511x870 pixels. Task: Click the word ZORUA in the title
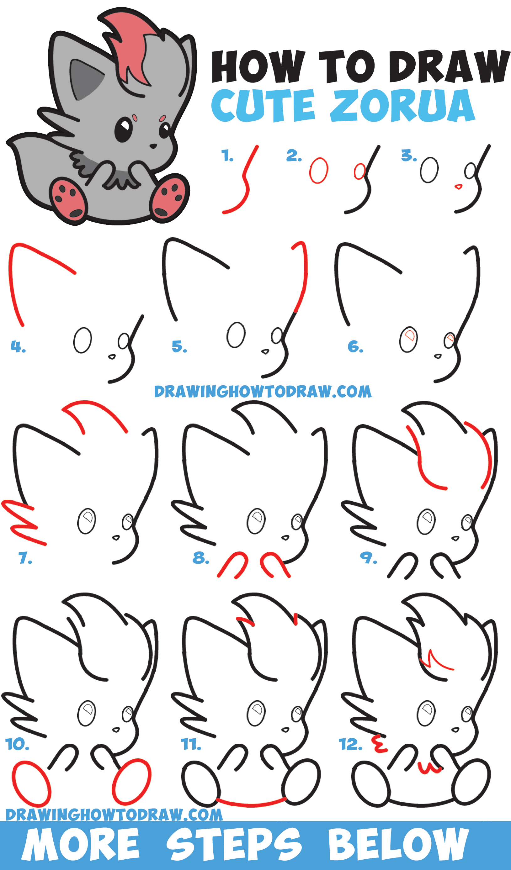[x=402, y=105]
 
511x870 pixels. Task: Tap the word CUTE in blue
[x=263, y=105]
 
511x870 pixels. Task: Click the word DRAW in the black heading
[x=450, y=66]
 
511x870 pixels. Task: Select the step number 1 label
[x=227, y=156]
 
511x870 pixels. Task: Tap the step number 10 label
[x=17, y=744]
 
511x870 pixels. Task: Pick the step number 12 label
[x=351, y=744]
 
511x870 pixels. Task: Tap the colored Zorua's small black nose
[x=153, y=146]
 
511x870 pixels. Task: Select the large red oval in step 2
[x=319, y=171]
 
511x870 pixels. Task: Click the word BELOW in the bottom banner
[x=398, y=844]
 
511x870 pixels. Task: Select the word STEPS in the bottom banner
[x=234, y=844]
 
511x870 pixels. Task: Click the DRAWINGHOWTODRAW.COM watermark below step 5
[x=263, y=392]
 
